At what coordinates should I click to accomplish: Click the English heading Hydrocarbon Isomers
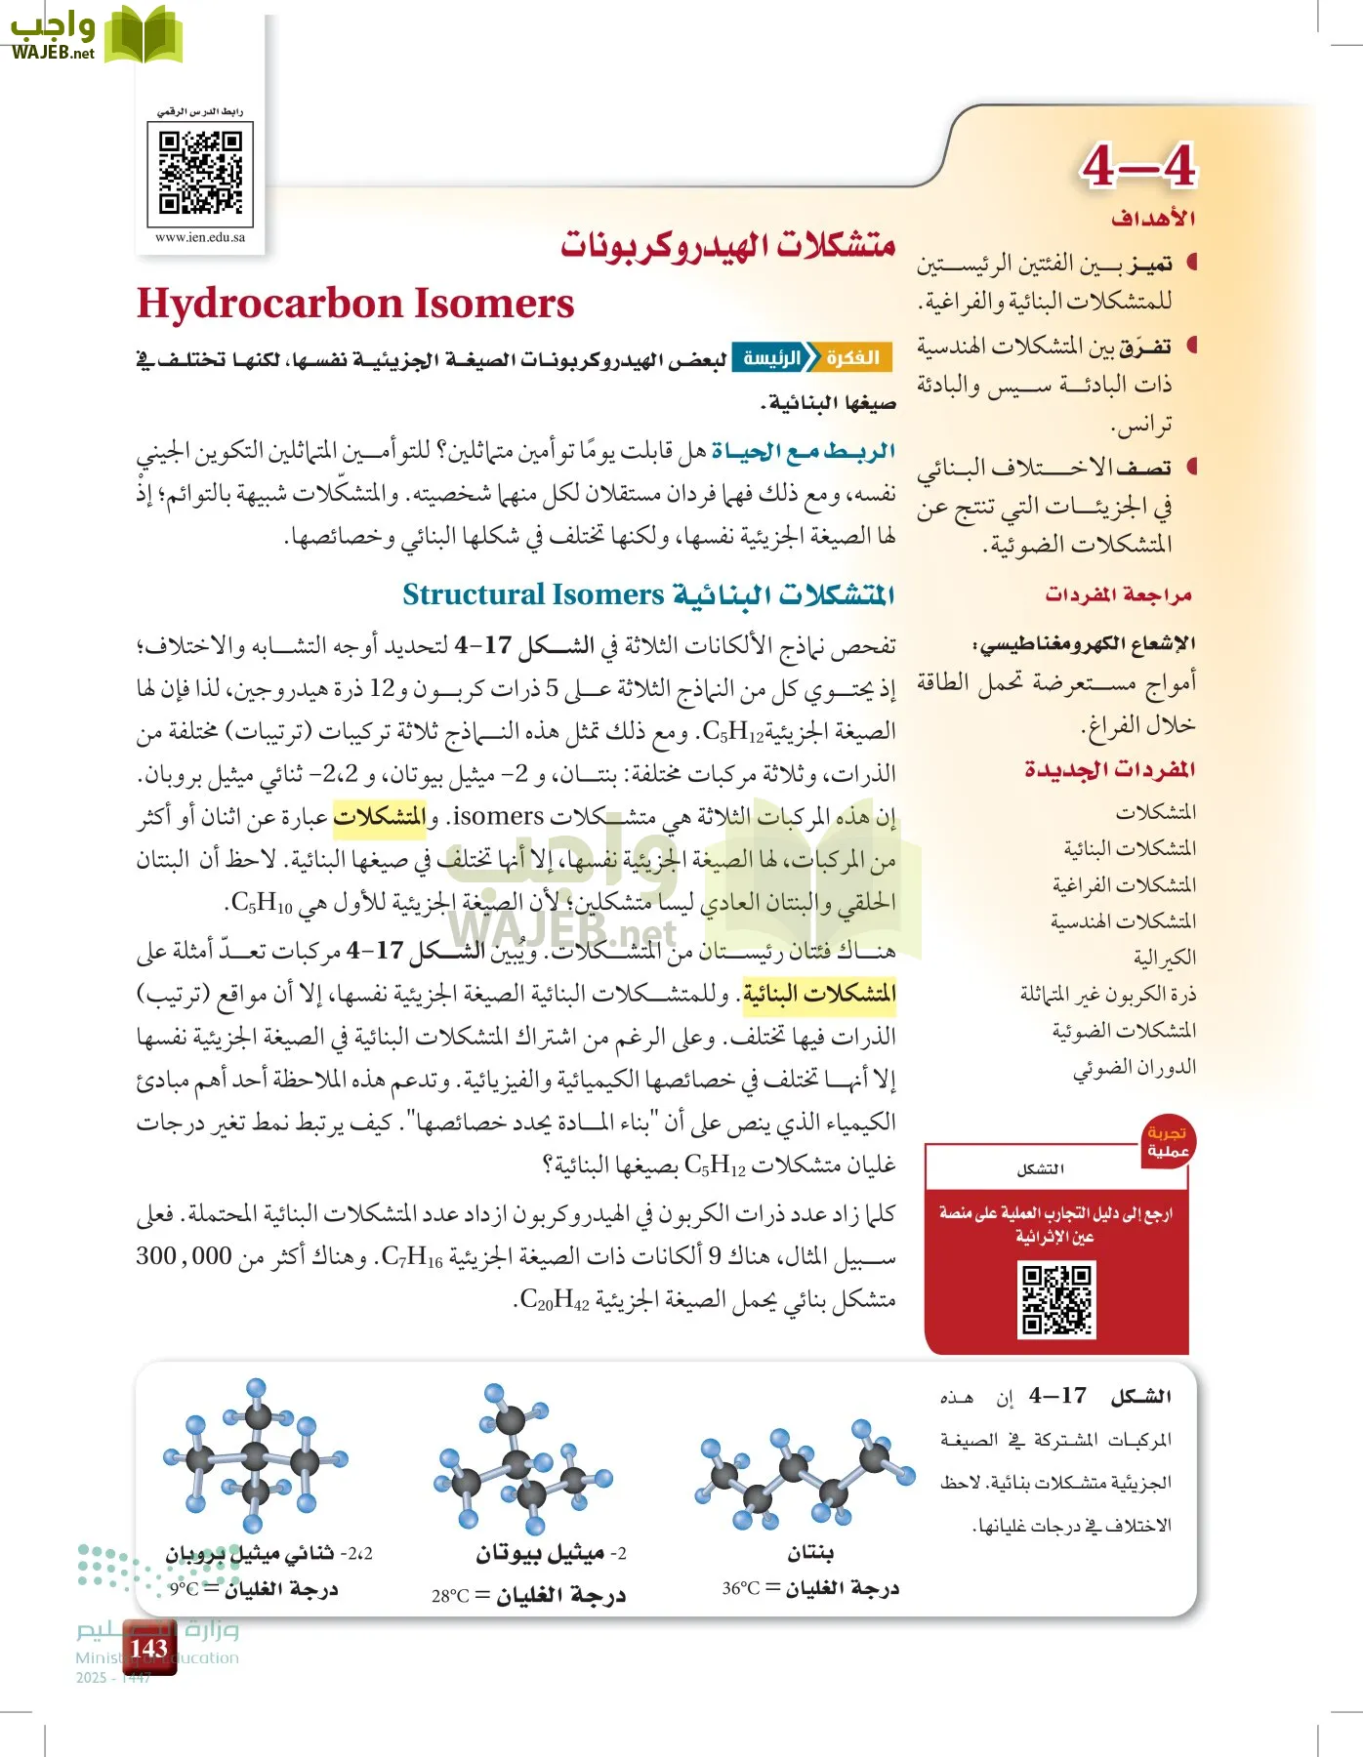click(x=355, y=304)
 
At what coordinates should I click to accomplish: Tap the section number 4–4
click(x=1137, y=166)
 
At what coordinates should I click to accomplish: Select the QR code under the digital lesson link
click(x=200, y=173)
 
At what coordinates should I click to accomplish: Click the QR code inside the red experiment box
click(x=1056, y=1298)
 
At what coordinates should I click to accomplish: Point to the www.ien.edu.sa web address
click(x=200, y=237)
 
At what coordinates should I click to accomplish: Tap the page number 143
click(x=148, y=1648)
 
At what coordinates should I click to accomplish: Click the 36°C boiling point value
click(x=741, y=1588)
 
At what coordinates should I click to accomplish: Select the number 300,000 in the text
click(x=184, y=1255)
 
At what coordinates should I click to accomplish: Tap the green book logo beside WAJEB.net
click(x=143, y=35)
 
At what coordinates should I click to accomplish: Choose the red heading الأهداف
click(x=1152, y=218)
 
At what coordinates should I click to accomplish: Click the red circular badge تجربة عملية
click(x=1168, y=1141)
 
